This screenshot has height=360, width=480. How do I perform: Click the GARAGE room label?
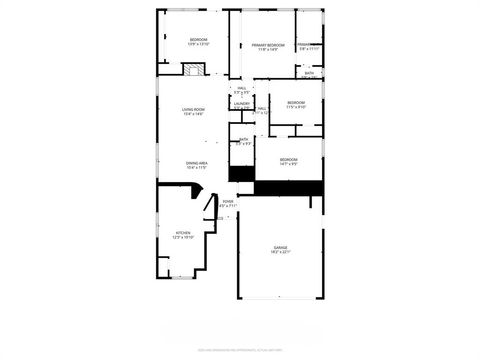click(281, 247)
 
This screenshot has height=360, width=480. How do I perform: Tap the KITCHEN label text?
click(182, 232)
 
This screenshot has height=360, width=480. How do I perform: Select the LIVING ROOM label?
click(193, 109)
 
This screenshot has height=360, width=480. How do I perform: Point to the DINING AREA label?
click(196, 162)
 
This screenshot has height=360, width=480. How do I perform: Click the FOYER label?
click(228, 201)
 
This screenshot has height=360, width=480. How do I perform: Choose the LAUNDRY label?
click(241, 103)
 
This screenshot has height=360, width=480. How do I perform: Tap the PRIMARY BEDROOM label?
click(268, 45)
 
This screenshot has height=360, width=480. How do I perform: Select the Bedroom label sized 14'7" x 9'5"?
click(288, 160)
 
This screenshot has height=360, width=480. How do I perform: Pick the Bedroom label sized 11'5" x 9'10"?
click(295, 103)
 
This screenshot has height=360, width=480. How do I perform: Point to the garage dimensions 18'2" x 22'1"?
click(281, 253)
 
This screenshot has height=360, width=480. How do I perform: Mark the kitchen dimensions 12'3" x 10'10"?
click(182, 238)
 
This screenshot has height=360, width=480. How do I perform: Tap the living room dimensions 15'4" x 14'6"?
click(193, 115)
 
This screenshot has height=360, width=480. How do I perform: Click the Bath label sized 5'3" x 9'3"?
click(244, 141)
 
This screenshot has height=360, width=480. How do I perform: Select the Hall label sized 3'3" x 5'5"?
click(241, 90)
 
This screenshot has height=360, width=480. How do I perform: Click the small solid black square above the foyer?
click(241, 174)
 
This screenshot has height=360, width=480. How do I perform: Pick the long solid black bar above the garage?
click(290, 187)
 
